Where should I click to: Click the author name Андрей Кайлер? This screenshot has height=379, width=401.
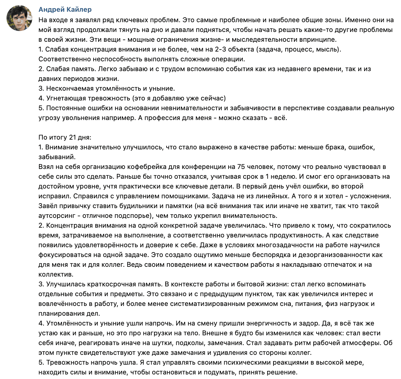[x=65, y=9]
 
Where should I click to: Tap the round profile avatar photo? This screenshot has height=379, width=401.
[x=19, y=18]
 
